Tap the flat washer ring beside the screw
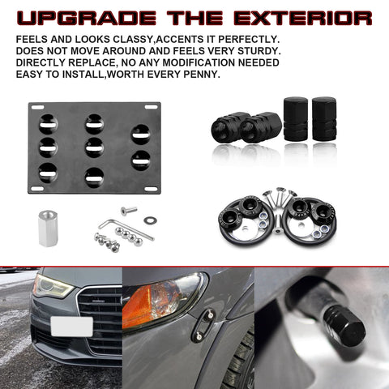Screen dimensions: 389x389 (150, 220)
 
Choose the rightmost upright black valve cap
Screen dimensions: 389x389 (323, 120)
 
